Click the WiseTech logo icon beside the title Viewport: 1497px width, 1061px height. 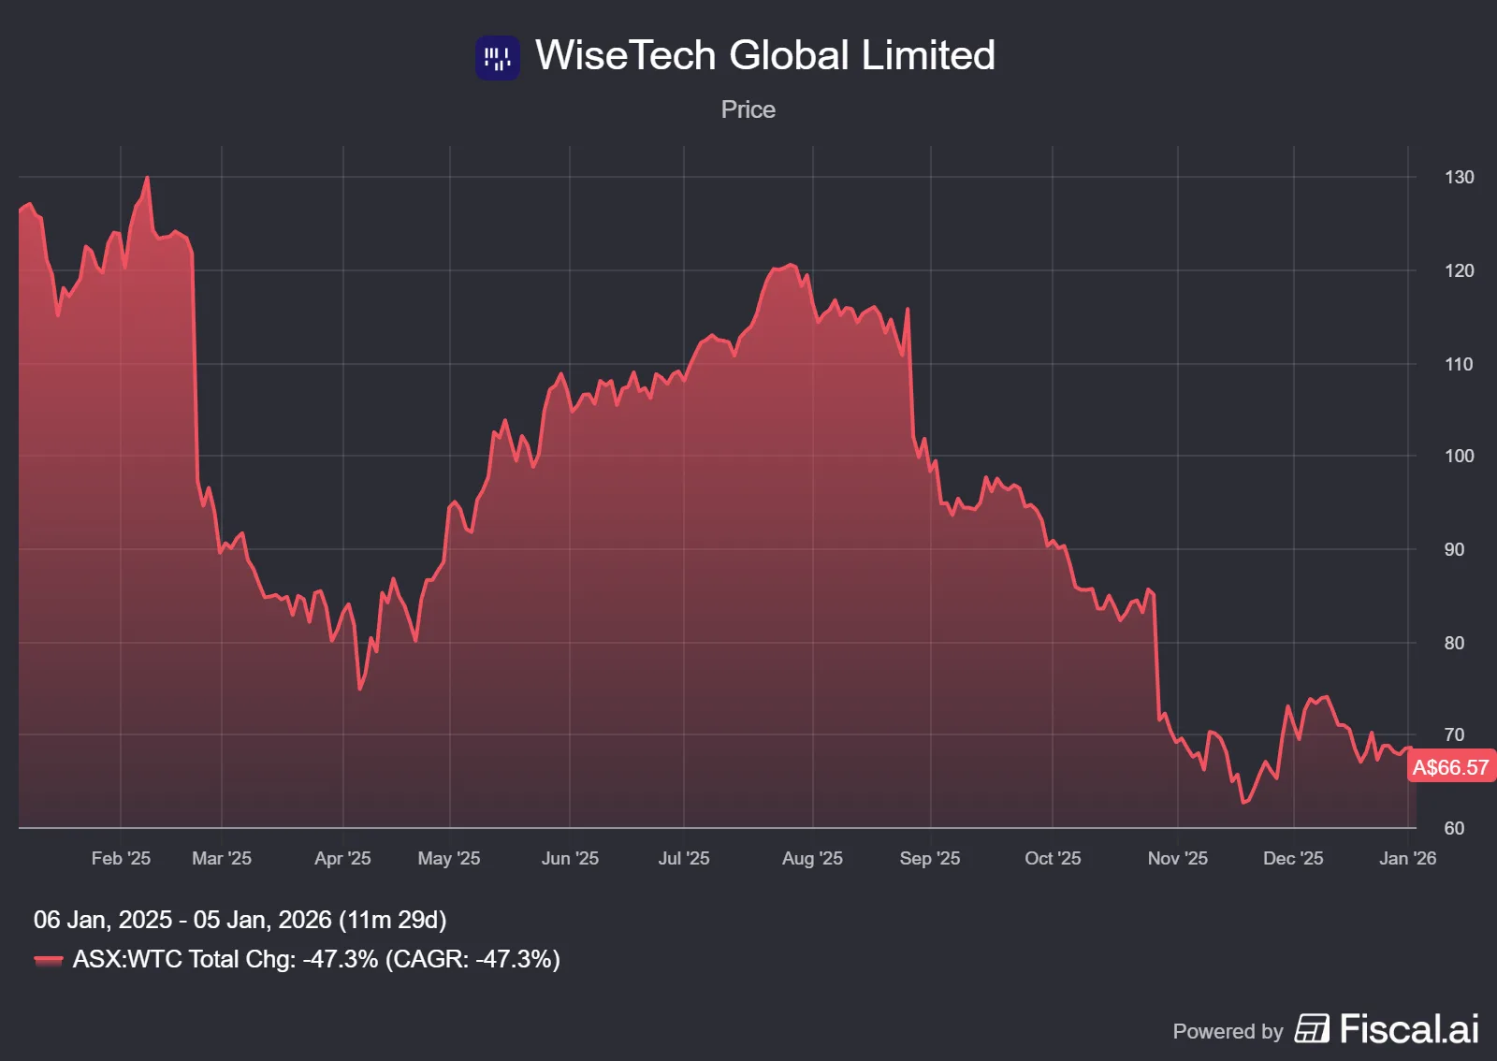[x=497, y=58]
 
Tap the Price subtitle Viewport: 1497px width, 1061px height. [x=748, y=109]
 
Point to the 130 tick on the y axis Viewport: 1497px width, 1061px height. [x=1459, y=177]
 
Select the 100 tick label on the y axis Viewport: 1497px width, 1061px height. [x=1459, y=456]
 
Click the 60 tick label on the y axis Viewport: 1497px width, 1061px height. [x=1454, y=828]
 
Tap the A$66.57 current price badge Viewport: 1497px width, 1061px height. [x=1450, y=767]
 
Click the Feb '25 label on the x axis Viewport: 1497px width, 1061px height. [x=121, y=858]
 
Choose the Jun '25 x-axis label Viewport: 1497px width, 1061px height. [x=570, y=858]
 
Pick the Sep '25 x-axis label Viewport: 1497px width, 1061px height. [x=929, y=858]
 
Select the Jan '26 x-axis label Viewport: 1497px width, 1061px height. [x=1407, y=858]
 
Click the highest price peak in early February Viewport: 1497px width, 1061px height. [x=147, y=178]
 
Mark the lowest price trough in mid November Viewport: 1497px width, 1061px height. [x=1243, y=802]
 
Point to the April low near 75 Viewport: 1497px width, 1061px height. [x=360, y=689]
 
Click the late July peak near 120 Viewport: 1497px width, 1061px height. [x=790, y=266]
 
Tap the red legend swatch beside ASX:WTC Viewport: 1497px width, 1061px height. [x=49, y=960]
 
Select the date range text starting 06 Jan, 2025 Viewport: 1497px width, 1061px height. [x=240, y=920]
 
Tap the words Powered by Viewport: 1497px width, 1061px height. [x=1228, y=1031]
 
